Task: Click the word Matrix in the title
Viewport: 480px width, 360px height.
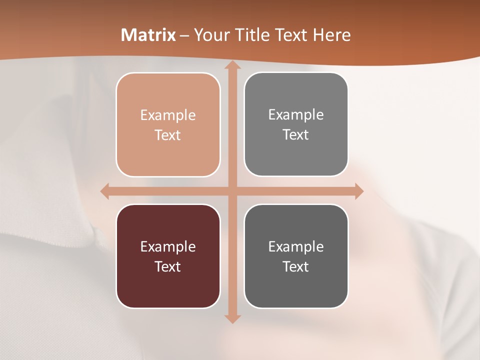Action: [x=148, y=35]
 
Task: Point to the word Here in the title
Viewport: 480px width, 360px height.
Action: [x=332, y=35]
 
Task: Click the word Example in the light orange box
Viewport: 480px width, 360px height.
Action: [x=168, y=115]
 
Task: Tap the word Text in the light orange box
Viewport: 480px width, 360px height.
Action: [x=168, y=135]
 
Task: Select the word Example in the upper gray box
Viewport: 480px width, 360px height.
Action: [x=296, y=115]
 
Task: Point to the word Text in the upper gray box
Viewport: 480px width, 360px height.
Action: [x=296, y=134]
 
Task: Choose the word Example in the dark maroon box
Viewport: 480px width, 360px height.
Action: [x=168, y=247]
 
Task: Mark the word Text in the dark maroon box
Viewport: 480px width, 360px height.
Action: [x=168, y=266]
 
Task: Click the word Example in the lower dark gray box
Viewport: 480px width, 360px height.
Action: [x=296, y=247]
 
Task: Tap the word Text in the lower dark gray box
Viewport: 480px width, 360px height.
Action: [x=296, y=266]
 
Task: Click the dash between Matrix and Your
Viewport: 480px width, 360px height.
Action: [x=184, y=35]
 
